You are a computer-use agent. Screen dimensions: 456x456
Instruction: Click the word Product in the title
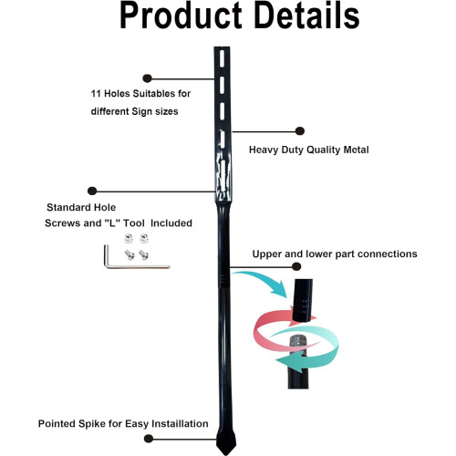click(181, 16)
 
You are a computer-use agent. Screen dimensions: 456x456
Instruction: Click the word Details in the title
click(306, 16)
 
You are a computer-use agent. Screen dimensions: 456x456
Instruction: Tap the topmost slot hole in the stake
click(222, 58)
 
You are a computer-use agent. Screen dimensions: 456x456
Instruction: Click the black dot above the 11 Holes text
click(147, 78)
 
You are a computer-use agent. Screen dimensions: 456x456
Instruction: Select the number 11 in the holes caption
click(96, 94)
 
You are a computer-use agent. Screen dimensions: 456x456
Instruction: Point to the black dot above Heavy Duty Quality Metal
click(300, 131)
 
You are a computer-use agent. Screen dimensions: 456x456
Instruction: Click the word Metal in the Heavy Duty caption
click(356, 150)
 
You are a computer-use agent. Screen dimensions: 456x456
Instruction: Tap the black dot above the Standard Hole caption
click(92, 191)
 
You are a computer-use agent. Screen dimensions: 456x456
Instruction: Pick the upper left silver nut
click(129, 239)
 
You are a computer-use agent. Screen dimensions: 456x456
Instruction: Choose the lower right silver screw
click(143, 254)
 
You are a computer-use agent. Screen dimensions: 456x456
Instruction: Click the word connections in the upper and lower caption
click(388, 254)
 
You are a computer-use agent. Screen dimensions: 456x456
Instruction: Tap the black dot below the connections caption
click(296, 266)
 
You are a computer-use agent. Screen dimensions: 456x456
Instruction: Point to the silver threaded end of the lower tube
click(298, 343)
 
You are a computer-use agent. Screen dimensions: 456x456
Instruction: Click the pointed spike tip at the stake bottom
click(226, 455)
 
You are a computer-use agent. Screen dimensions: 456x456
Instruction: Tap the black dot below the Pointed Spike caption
click(149, 439)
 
